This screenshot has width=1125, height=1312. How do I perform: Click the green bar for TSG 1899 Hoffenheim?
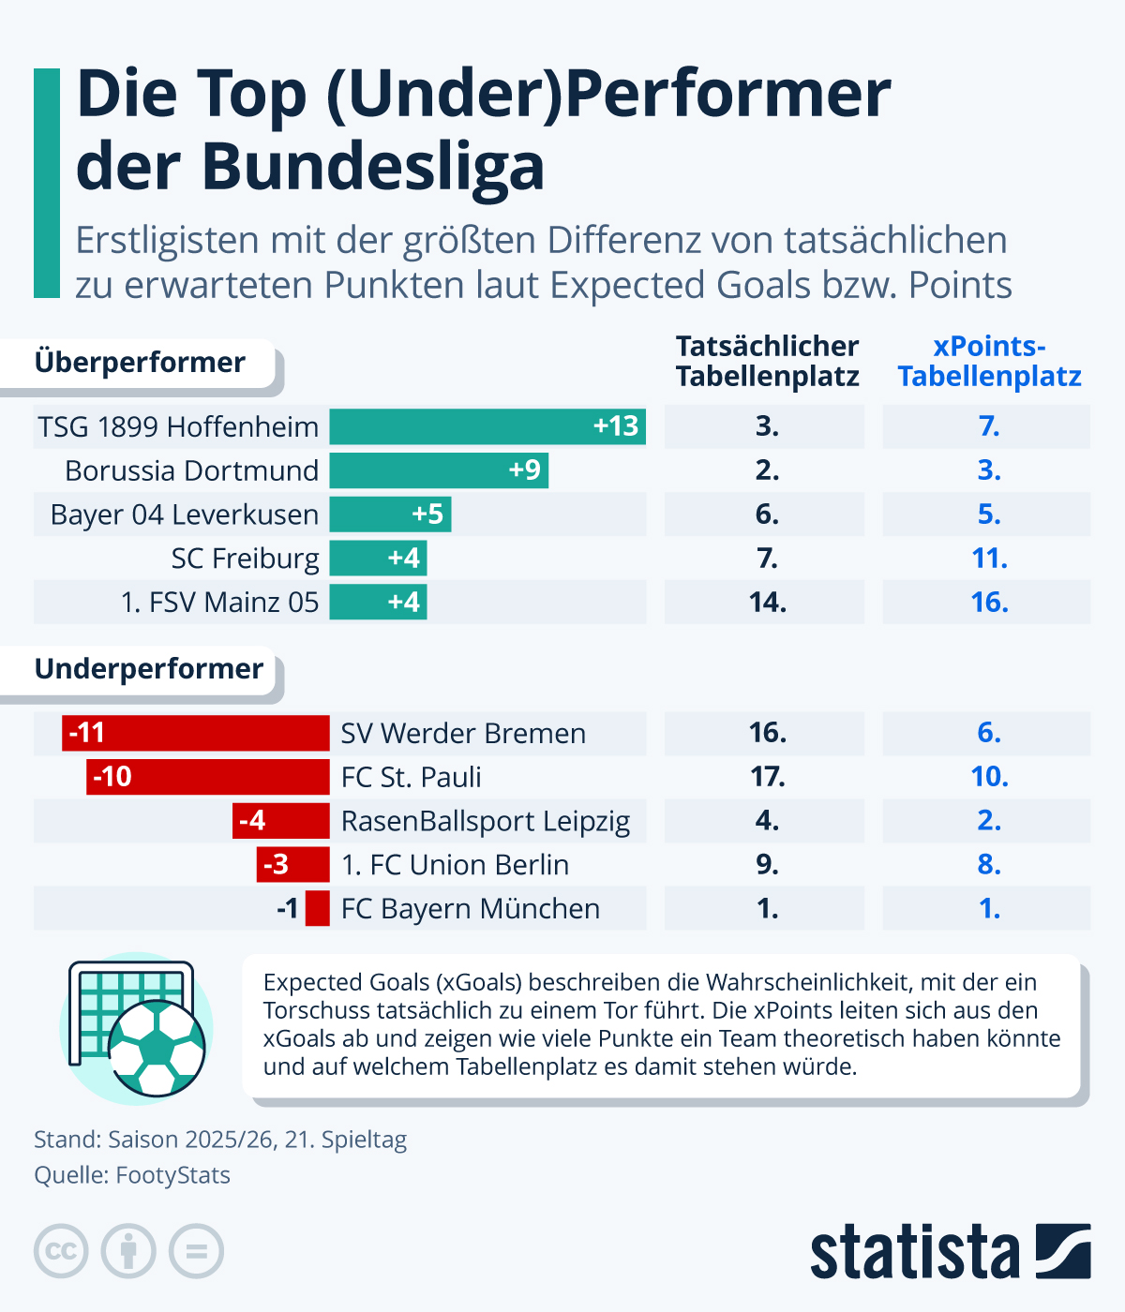click(487, 426)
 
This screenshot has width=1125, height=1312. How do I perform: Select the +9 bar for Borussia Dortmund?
click(439, 470)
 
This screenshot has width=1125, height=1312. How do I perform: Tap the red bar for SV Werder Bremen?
click(196, 733)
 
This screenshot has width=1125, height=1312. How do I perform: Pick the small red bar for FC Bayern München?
click(318, 909)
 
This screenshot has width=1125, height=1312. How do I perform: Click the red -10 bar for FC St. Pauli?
click(208, 777)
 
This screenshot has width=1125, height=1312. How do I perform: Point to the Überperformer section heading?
click(140, 363)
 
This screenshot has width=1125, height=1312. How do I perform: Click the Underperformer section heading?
click(149, 669)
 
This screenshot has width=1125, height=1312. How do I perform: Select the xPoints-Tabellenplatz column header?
click(989, 362)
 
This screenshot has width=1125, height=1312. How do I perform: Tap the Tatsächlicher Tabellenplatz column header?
click(767, 362)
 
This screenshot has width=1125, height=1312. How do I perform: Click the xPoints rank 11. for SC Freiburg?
click(989, 559)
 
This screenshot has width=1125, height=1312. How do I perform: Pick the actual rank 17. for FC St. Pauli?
click(767, 777)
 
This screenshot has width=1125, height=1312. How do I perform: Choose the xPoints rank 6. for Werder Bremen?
click(989, 733)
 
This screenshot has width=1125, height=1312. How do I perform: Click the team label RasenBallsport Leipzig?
click(486, 821)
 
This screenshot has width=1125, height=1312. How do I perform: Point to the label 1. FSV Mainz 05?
click(220, 603)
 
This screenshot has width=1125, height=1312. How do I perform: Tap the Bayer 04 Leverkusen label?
click(185, 514)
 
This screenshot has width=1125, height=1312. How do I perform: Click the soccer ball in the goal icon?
click(157, 1048)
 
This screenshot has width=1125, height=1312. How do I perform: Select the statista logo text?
click(914, 1253)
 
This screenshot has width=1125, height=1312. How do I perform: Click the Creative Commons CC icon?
click(61, 1251)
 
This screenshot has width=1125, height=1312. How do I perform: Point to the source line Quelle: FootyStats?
click(132, 1175)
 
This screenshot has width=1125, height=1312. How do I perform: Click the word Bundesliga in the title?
click(373, 168)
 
